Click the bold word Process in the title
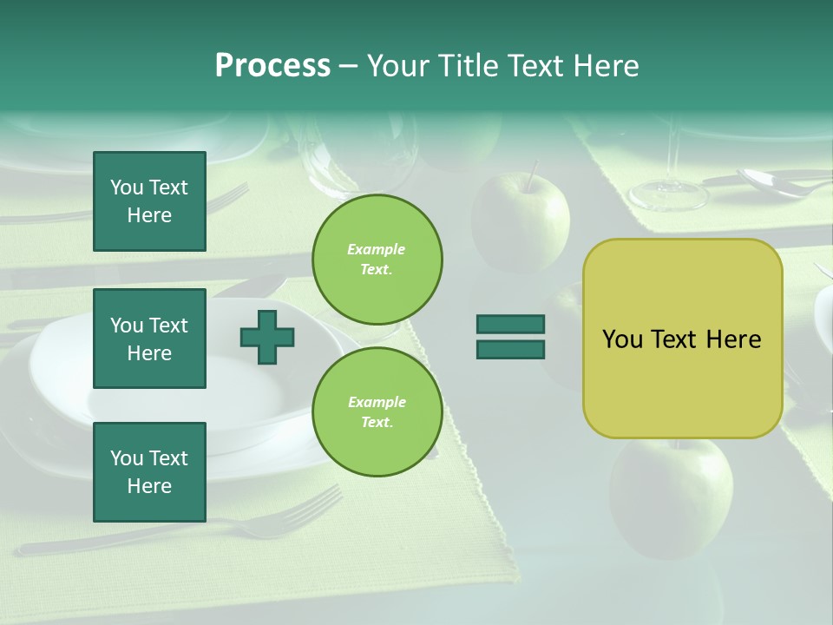tap(272, 66)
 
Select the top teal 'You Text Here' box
tap(149, 201)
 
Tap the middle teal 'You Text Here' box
tap(149, 339)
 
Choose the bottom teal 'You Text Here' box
tap(149, 472)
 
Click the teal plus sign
tap(267, 337)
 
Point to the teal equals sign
tap(510, 337)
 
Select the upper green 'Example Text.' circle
tap(377, 260)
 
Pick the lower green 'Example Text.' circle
tap(377, 412)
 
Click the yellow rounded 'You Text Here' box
tap(682, 339)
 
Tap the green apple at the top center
tap(521, 221)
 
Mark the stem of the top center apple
tap(529, 174)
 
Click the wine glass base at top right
tap(668, 196)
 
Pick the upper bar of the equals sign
tap(510, 325)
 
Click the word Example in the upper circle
tap(376, 250)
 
